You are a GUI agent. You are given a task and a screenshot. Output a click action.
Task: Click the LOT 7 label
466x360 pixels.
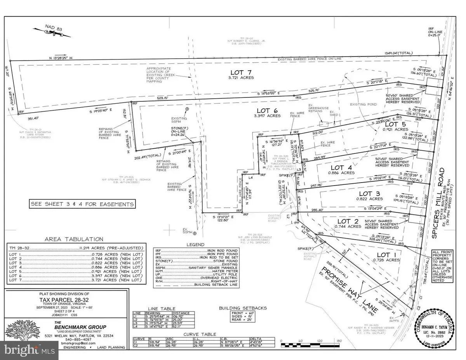pos(242,72)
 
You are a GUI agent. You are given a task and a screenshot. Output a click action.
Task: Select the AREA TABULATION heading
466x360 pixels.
pos(74,239)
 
